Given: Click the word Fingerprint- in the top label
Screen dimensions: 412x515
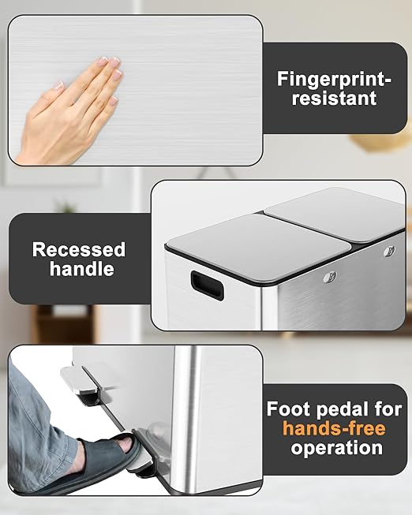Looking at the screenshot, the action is pos(334,79).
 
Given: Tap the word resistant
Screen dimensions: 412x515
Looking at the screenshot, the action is pos(334,99).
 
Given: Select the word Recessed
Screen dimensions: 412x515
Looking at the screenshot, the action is pos(79,250).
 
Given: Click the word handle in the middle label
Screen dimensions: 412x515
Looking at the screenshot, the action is pos(82,269).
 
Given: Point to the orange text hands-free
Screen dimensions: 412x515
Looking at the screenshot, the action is pos(334,428).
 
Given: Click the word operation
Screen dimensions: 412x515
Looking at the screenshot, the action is pos(337,448).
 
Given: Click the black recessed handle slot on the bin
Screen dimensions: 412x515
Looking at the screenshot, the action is pos(208,285).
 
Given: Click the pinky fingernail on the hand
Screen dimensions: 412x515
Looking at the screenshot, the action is pos(113,101).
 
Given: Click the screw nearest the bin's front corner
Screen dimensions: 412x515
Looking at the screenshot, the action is pos(330,277).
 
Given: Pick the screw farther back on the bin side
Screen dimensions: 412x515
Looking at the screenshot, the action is pos(389,252).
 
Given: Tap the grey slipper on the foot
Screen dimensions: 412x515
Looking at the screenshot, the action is pos(99,460).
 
